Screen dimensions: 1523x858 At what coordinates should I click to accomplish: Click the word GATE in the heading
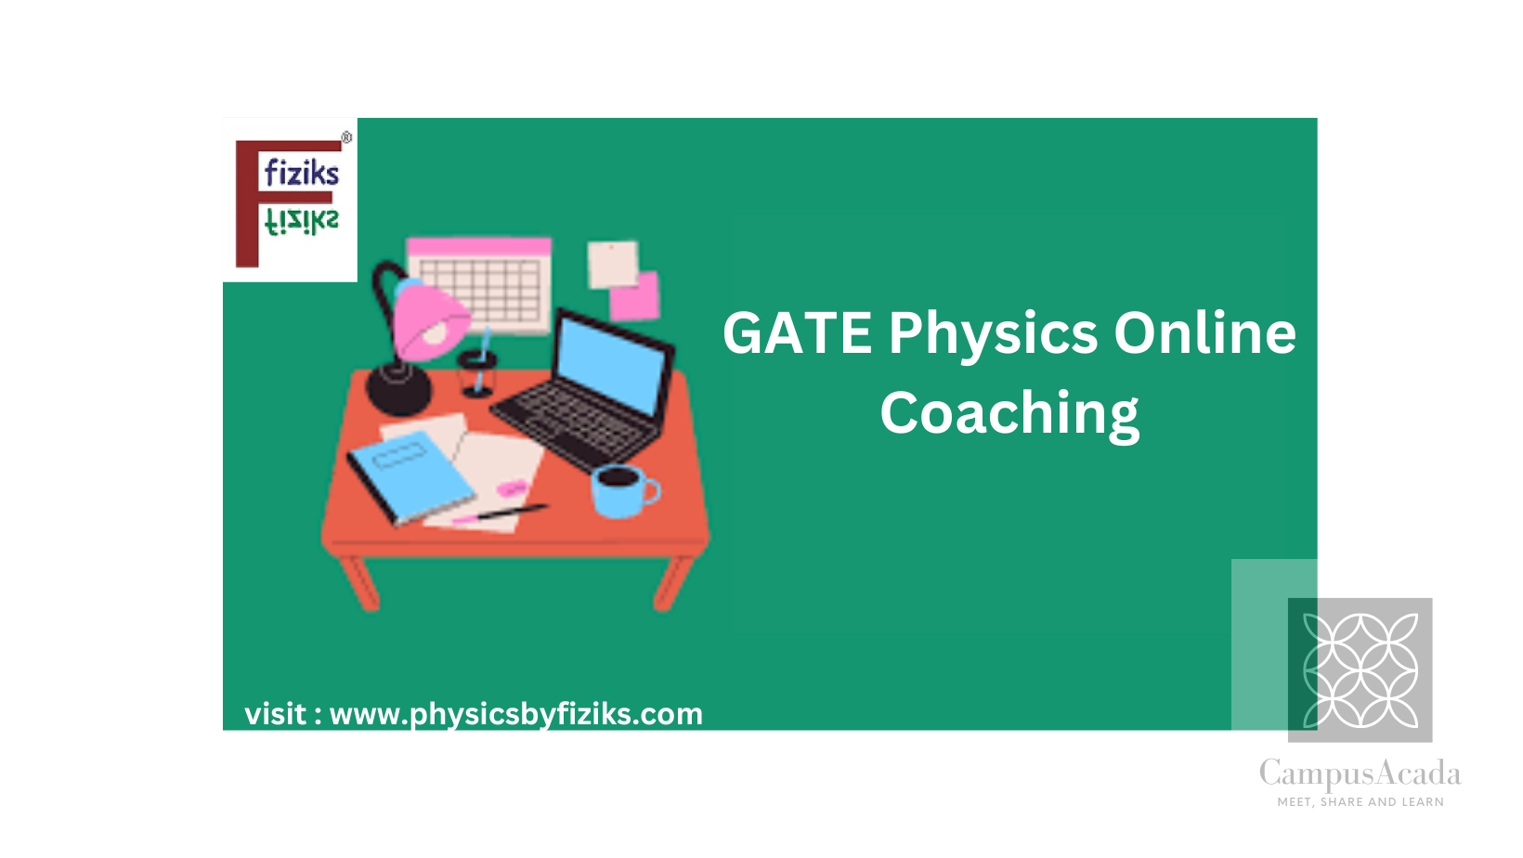coord(797,333)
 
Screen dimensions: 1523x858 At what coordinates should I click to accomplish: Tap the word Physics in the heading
coord(993,337)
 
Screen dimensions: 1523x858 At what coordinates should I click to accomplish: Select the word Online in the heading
coord(1204,332)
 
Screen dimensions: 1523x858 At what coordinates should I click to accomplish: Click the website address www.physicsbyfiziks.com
coord(516,715)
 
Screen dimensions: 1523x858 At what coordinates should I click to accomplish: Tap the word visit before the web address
coord(276,714)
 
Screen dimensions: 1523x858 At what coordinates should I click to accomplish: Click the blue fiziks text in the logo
coord(301,173)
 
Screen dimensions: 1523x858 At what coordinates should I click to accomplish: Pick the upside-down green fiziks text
coord(301,222)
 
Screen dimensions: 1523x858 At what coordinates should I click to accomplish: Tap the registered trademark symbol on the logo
coord(346,138)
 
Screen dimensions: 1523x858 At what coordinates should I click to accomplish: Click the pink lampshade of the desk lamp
coord(428,319)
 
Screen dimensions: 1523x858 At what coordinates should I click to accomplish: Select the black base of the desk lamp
coord(398,389)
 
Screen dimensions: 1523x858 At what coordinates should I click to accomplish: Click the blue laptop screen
coord(610,365)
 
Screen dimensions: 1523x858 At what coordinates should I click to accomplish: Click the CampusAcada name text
coord(1360,774)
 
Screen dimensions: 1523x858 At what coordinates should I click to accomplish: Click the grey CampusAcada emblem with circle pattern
coord(1360,669)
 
